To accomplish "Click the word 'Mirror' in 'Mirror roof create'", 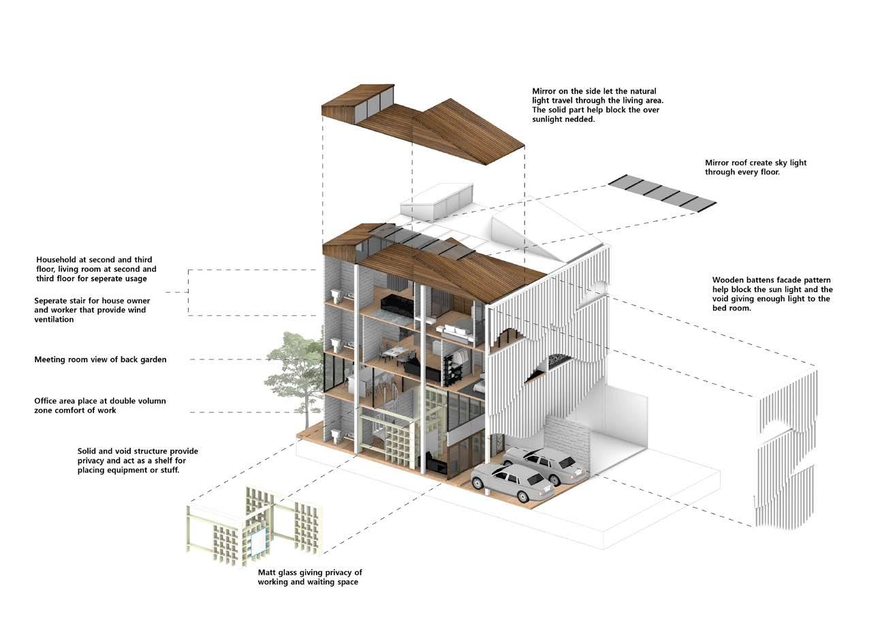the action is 717,163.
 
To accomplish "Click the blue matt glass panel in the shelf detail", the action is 258,542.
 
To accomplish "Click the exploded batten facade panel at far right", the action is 787,449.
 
